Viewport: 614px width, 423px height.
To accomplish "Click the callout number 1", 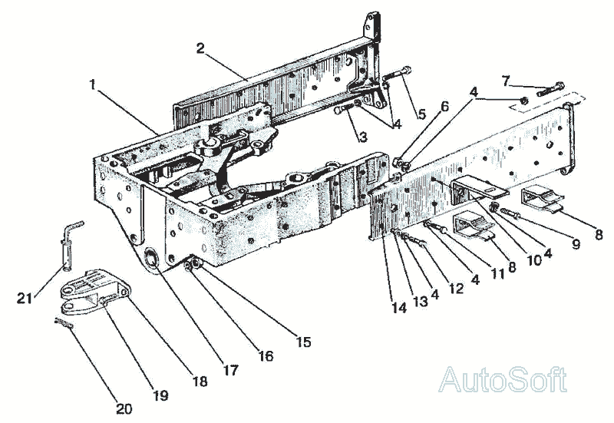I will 93,85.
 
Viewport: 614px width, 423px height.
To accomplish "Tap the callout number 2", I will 200,48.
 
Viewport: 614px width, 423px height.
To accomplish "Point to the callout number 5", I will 421,115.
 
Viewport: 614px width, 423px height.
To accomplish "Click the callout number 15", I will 305,342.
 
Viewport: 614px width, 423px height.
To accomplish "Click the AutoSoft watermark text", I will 503,380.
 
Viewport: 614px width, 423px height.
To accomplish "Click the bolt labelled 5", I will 394,76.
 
